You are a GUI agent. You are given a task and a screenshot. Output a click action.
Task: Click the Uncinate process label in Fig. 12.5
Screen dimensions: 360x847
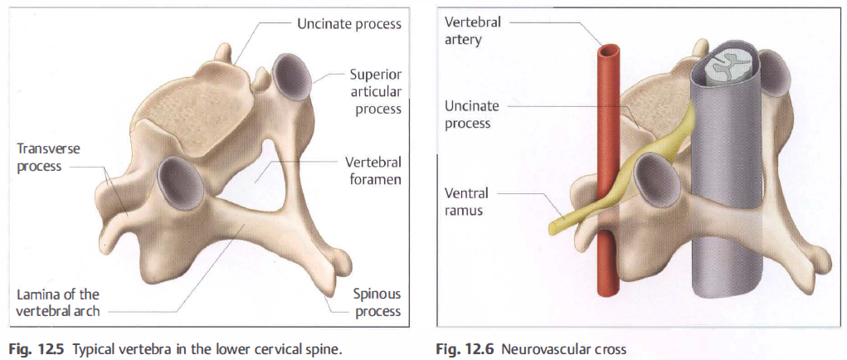pos(349,24)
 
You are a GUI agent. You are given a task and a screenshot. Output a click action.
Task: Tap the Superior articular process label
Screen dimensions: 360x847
pos(375,91)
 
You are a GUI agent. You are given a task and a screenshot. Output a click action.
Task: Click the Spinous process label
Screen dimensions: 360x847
pos(377,302)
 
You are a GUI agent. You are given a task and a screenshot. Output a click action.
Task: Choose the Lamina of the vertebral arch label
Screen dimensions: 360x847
pos(58,302)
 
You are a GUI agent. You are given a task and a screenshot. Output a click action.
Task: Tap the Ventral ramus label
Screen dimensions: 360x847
pos(466,202)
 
